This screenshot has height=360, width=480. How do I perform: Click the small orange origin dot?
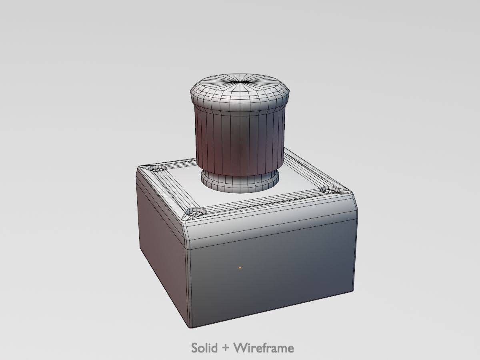coord(240,268)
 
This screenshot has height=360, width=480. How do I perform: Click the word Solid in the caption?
coord(204,348)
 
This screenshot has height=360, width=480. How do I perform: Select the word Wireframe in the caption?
coord(264,348)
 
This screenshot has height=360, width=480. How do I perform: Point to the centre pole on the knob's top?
coord(239,82)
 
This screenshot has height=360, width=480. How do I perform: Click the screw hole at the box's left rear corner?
coord(157,168)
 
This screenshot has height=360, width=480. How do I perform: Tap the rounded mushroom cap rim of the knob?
coord(239,98)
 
